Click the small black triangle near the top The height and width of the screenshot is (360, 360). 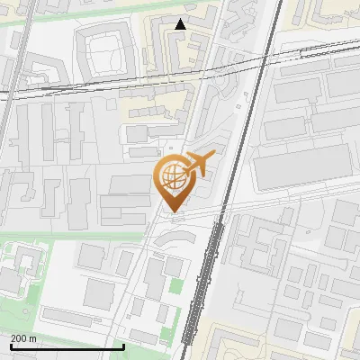click(181, 24)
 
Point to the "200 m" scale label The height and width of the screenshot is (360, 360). click(23, 337)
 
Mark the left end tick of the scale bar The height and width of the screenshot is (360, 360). click(10, 345)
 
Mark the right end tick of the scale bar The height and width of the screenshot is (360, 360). click(122, 345)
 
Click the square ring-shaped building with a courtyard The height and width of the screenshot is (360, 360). click(107, 49)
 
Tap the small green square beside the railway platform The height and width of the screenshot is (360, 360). click(175, 285)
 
